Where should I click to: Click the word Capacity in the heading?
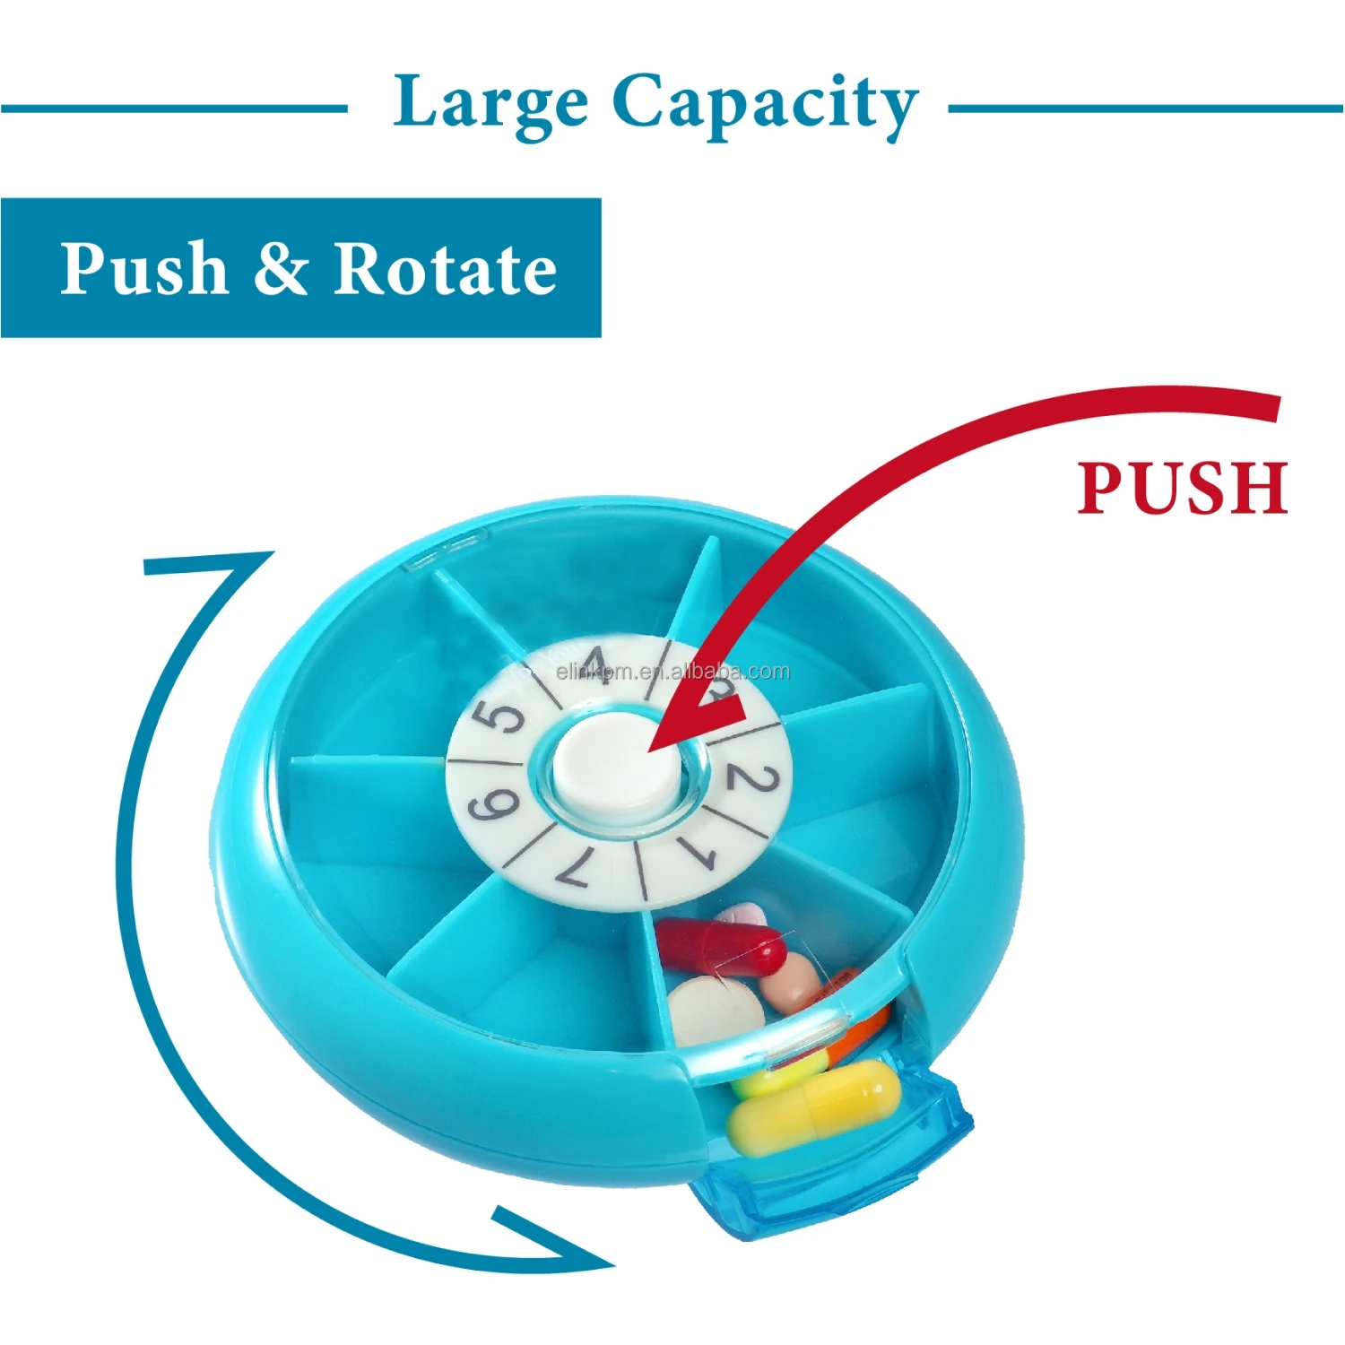point(765,104)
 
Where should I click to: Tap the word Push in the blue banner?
point(143,268)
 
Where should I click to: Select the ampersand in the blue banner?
point(281,268)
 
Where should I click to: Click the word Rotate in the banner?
point(445,268)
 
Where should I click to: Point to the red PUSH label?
point(1182,488)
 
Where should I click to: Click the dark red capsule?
point(722,947)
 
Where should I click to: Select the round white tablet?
point(715,1011)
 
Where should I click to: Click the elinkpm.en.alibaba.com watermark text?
point(672,672)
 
